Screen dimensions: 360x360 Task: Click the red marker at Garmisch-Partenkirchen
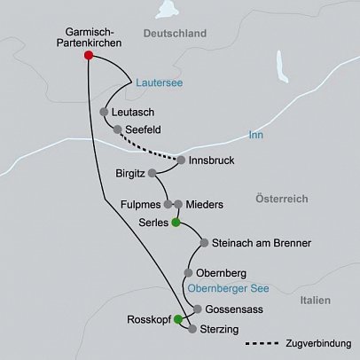click(x=89, y=55)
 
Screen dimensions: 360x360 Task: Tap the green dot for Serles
click(x=176, y=222)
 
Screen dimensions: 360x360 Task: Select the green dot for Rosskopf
click(x=178, y=318)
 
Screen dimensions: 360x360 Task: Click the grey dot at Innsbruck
click(x=181, y=160)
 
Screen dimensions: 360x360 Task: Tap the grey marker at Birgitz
click(x=153, y=172)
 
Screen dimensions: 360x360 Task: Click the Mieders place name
click(x=204, y=204)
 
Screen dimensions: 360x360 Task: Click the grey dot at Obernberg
click(x=188, y=273)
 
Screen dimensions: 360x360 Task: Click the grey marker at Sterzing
click(x=192, y=329)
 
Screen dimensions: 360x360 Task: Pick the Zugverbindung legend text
click(x=317, y=343)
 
